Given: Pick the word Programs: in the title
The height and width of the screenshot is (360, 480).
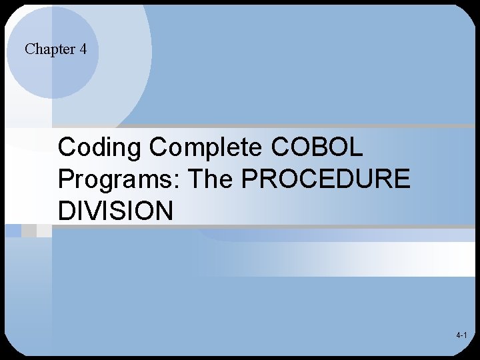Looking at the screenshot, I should click(x=119, y=179).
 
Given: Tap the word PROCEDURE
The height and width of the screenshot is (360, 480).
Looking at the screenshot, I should click(x=325, y=179).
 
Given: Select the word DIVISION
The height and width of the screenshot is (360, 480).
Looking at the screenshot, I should click(x=115, y=211).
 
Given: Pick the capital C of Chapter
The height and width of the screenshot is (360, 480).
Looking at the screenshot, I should click(x=29, y=49).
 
